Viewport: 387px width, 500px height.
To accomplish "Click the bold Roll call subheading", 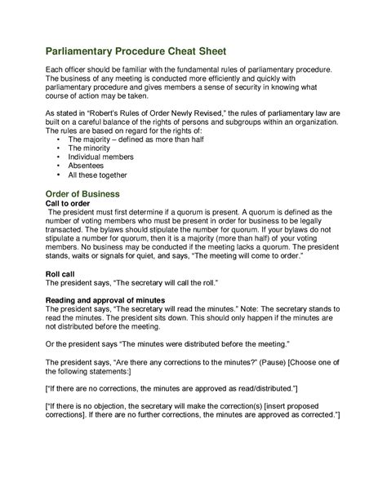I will (60, 272).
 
